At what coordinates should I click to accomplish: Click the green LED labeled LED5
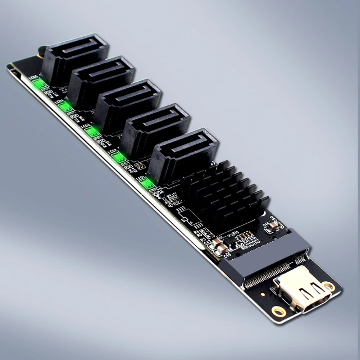pos(39,84)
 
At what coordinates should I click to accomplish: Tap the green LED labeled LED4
pos(65,107)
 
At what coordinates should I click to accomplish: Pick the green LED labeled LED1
pos(147,183)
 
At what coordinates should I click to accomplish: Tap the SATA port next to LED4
pos(101,81)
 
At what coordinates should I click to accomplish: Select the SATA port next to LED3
pos(128,104)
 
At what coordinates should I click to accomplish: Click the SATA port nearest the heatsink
pos(183,155)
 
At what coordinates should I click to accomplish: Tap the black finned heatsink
pos(223,194)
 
